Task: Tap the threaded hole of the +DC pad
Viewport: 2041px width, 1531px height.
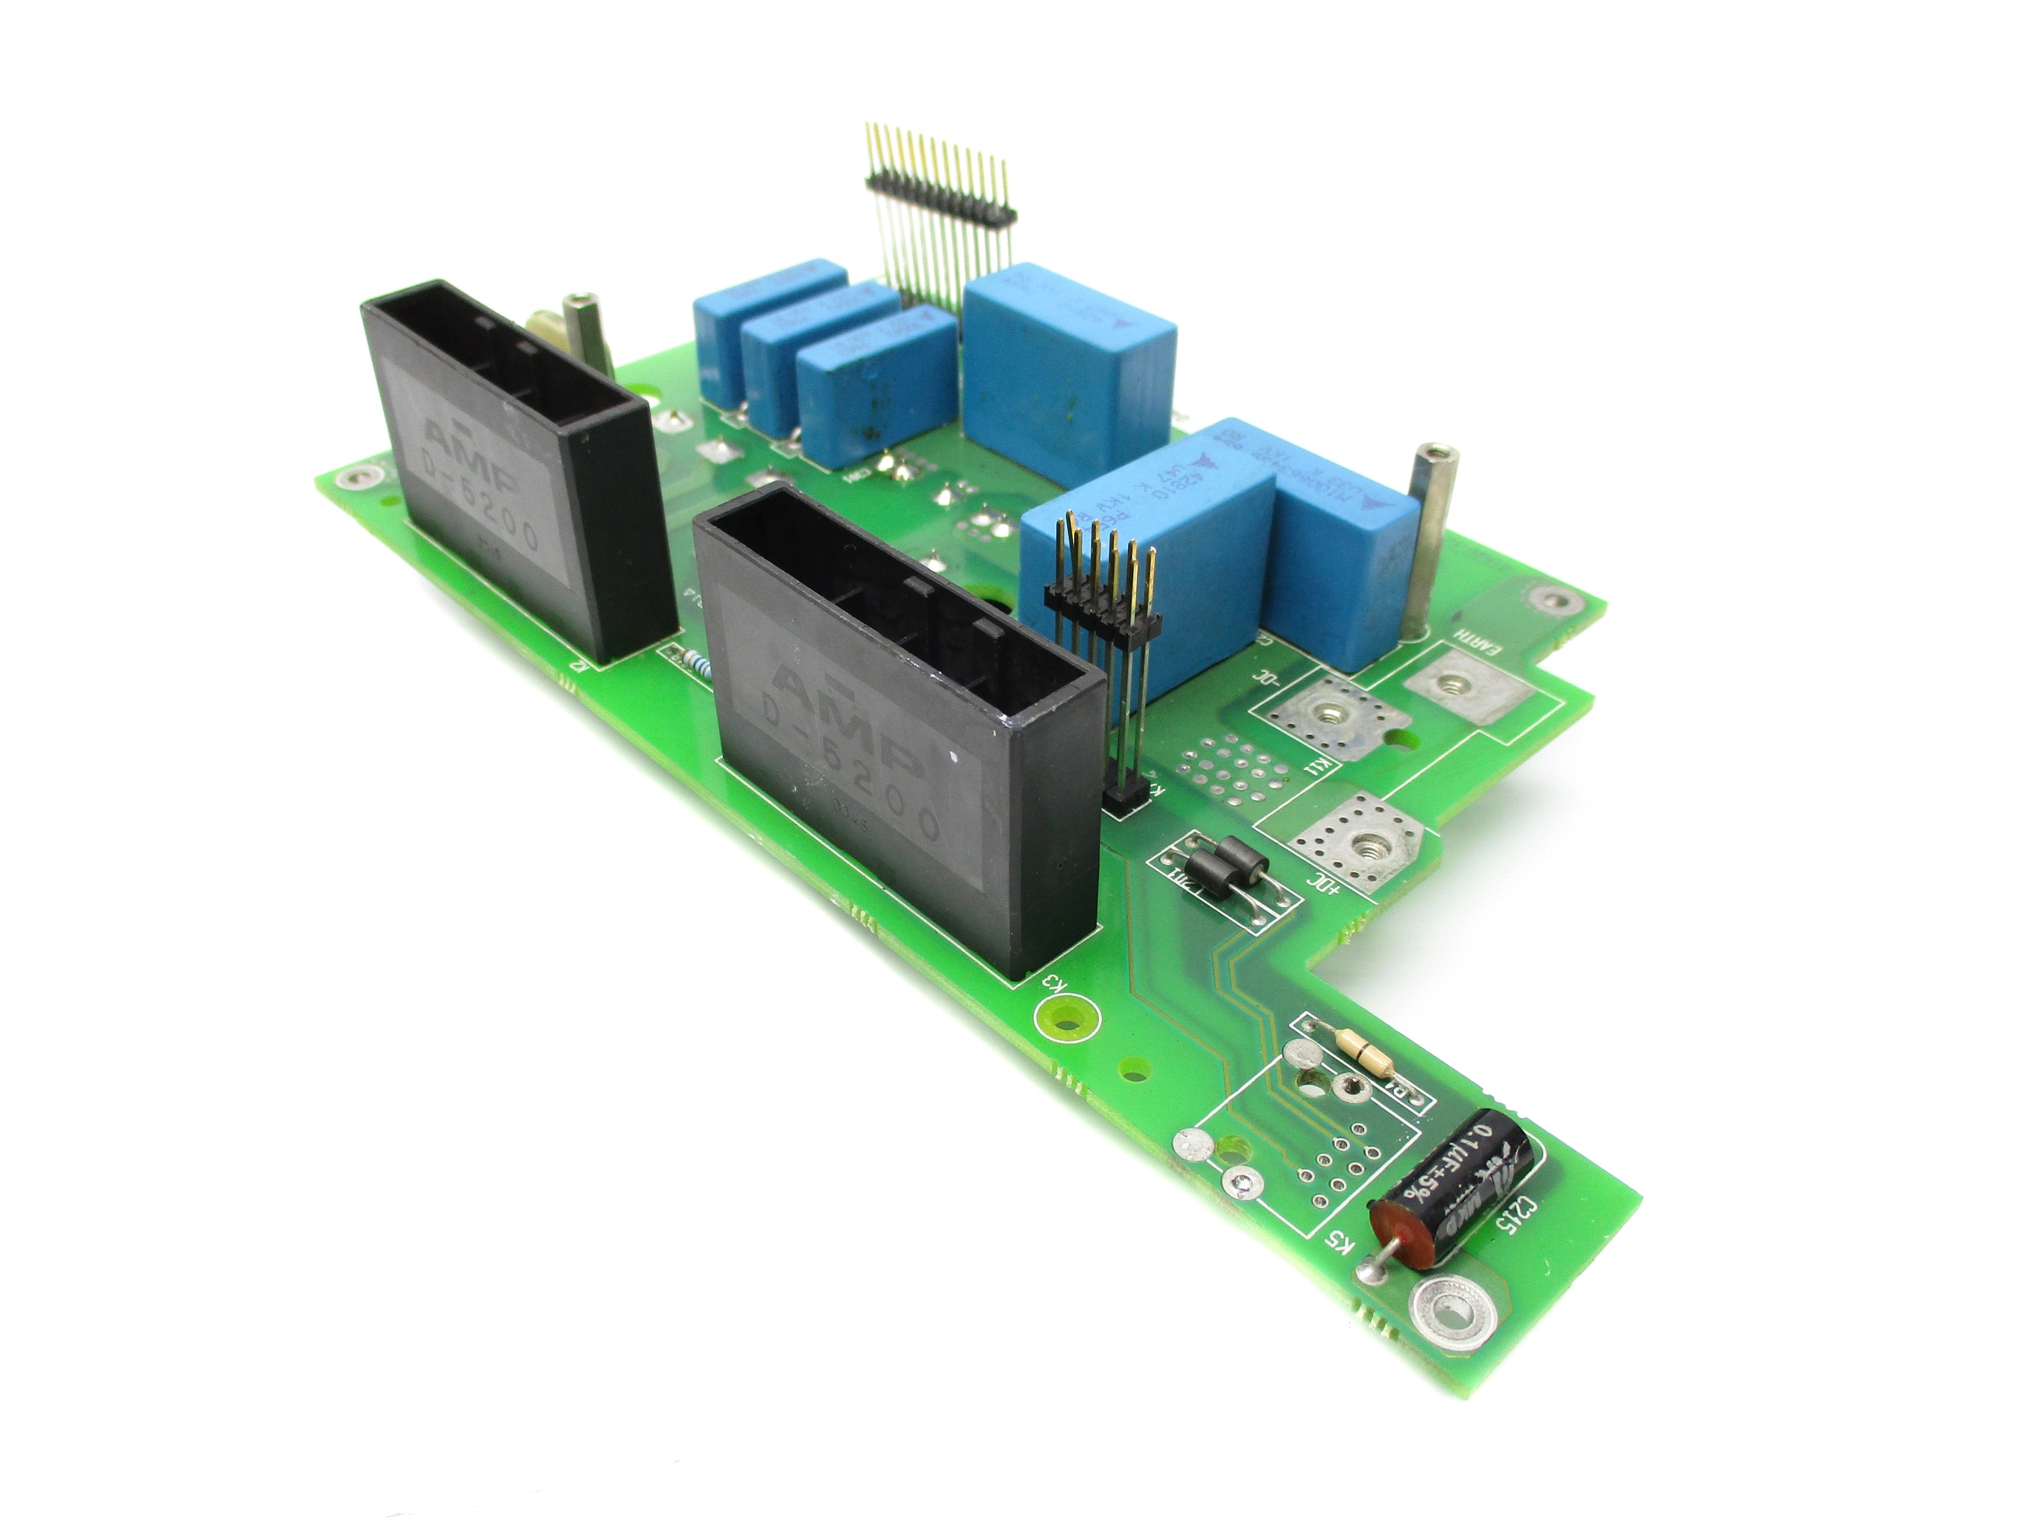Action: (x=1362, y=842)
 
